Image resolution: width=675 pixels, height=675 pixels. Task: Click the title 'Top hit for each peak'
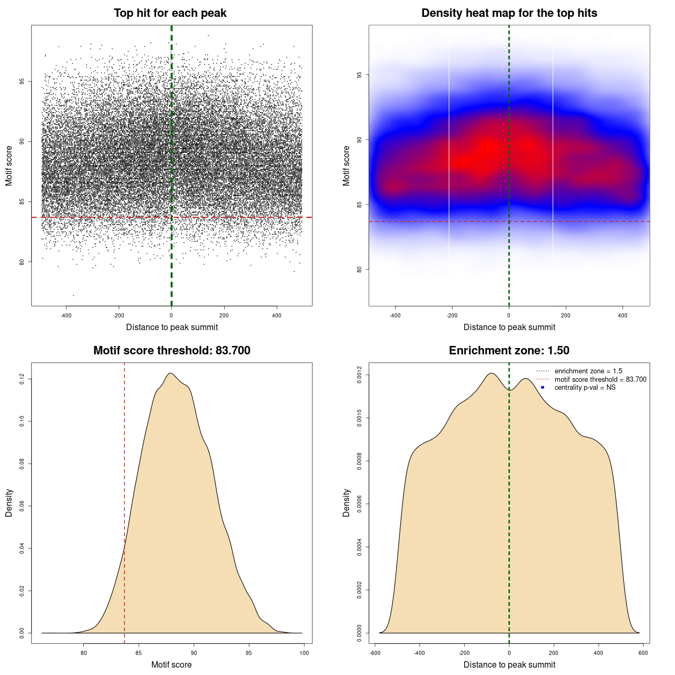(170, 13)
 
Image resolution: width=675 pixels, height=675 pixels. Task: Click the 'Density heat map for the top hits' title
(509, 13)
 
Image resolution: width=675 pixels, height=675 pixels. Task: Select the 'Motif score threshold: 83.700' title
(171, 351)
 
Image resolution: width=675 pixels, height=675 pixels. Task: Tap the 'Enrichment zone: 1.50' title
(509, 351)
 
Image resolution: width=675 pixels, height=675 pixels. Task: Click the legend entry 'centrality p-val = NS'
(585, 388)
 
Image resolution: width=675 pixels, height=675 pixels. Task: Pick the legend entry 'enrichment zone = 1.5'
(588, 371)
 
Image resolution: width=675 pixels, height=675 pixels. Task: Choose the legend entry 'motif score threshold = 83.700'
(600, 380)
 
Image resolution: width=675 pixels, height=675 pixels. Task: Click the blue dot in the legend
(543, 388)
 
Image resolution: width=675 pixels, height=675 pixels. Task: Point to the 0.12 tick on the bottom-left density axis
(22, 379)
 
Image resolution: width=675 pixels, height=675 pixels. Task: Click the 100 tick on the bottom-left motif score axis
(304, 653)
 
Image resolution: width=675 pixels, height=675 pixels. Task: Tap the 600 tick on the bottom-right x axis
(643, 653)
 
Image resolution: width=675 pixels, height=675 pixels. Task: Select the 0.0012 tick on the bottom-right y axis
(359, 375)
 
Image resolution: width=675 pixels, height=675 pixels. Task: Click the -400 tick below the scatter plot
(66, 315)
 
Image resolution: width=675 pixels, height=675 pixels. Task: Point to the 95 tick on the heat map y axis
(359, 75)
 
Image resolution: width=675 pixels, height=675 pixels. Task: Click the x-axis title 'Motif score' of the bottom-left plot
(171, 664)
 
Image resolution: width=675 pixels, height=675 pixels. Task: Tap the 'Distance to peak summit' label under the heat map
(509, 327)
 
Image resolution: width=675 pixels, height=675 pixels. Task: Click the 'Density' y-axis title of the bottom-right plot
(346, 503)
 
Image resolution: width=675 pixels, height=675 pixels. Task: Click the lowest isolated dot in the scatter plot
(73, 295)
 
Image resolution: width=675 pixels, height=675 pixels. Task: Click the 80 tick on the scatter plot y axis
(22, 262)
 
